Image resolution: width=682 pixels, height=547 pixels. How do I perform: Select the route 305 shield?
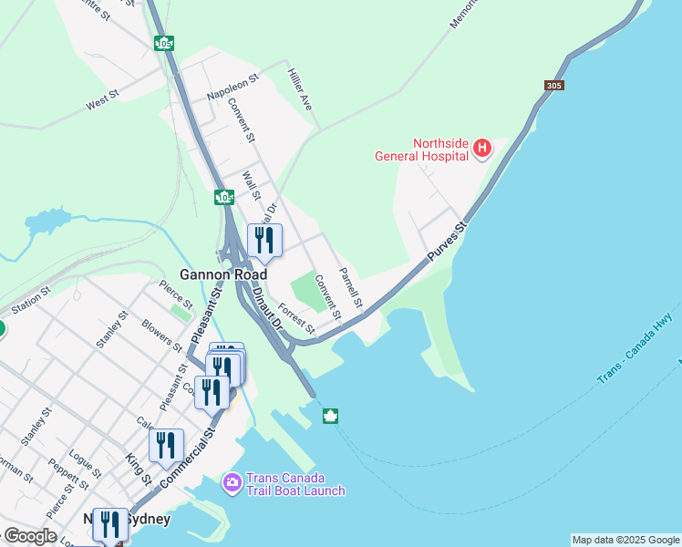(x=554, y=86)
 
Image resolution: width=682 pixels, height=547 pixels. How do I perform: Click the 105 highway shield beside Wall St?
(x=224, y=197)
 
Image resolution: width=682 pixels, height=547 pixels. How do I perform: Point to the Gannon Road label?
(x=223, y=274)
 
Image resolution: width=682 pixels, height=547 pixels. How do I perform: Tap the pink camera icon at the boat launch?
(x=232, y=480)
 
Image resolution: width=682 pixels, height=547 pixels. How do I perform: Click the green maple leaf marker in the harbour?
(x=330, y=417)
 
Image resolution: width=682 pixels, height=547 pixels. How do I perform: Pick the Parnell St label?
(x=351, y=287)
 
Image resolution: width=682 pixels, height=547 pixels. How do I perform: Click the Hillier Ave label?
(x=300, y=89)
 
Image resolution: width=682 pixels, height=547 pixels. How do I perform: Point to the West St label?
(x=102, y=99)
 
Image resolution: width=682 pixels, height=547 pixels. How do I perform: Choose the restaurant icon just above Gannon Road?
(x=264, y=241)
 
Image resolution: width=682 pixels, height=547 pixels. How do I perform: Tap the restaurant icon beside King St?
(x=166, y=445)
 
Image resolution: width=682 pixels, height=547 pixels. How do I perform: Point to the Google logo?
(x=30, y=536)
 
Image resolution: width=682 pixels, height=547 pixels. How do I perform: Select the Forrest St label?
(x=296, y=318)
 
